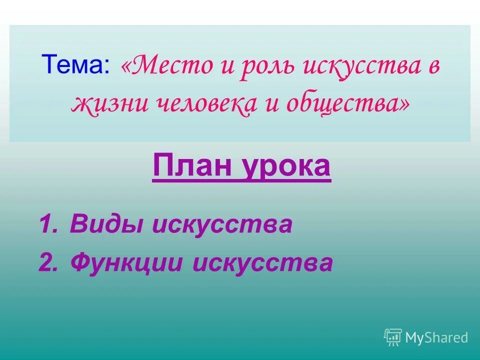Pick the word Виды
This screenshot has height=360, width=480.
coord(106,224)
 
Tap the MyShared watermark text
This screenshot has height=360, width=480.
coord(436,337)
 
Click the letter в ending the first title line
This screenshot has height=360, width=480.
coord(433,66)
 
